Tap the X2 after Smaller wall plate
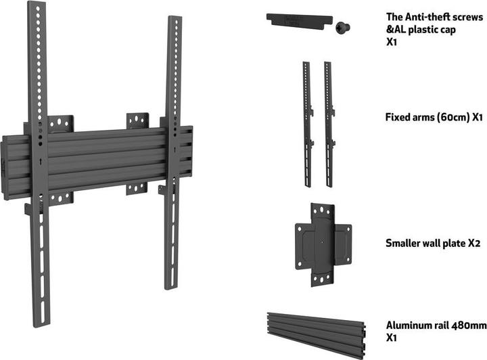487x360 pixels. coord(473,243)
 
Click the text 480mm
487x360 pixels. coord(467,325)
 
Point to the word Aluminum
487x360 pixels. coord(408,325)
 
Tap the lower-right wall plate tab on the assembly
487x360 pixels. coord(137,187)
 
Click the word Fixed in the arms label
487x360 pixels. coord(399,117)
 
